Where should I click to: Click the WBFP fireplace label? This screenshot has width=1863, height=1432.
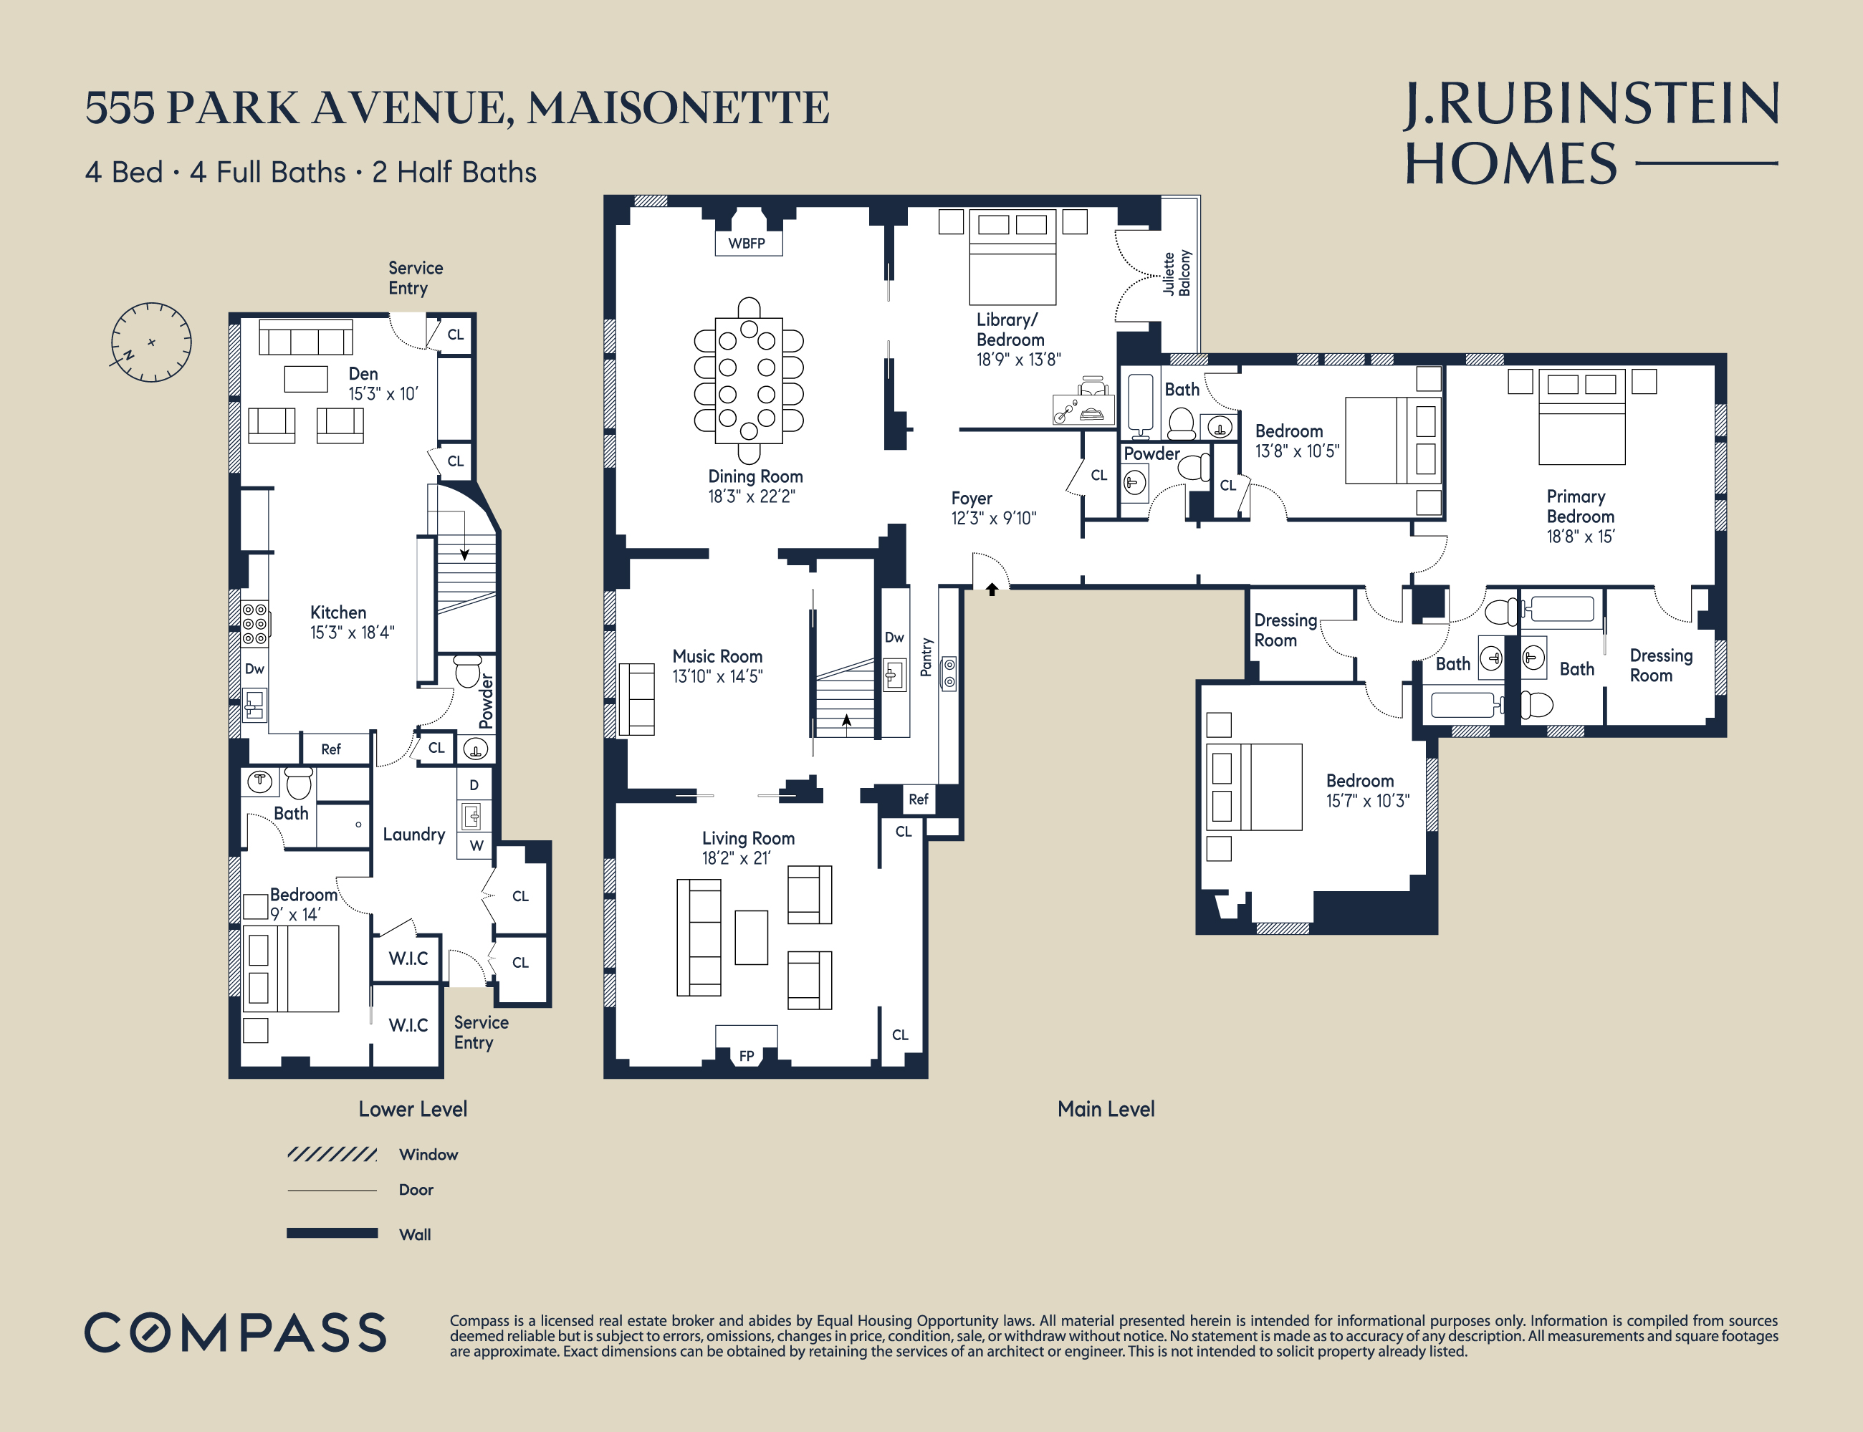[746, 243]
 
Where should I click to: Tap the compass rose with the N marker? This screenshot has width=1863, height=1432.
[151, 342]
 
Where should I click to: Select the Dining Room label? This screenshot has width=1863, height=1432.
[755, 476]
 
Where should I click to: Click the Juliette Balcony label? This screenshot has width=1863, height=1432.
[1177, 273]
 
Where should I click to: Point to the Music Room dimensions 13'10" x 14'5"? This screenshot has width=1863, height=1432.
[717, 677]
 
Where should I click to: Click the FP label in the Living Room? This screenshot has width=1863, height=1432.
[746, 1056]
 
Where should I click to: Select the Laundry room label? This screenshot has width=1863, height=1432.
[413, 835]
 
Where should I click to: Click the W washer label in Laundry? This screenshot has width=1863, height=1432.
[476, 845]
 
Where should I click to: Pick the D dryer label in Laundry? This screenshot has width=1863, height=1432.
[474, 785]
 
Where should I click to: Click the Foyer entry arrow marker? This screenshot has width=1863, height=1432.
[992, 589]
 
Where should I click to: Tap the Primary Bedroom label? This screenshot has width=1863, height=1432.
[1580, 506]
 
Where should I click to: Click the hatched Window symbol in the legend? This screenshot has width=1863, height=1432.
[332, 1154]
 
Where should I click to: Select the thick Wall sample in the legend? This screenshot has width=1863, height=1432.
[332, 1233]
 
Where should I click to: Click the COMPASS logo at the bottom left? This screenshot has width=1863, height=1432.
[235, 1332]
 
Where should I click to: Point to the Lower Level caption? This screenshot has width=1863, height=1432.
[413, 1109]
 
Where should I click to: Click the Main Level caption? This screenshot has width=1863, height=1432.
[1106, 1109]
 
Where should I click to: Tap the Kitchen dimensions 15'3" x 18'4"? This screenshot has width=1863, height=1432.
[351, 633]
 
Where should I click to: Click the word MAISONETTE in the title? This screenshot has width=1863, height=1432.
[678, 108]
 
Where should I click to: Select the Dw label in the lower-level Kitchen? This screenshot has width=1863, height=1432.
[254, 669]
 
